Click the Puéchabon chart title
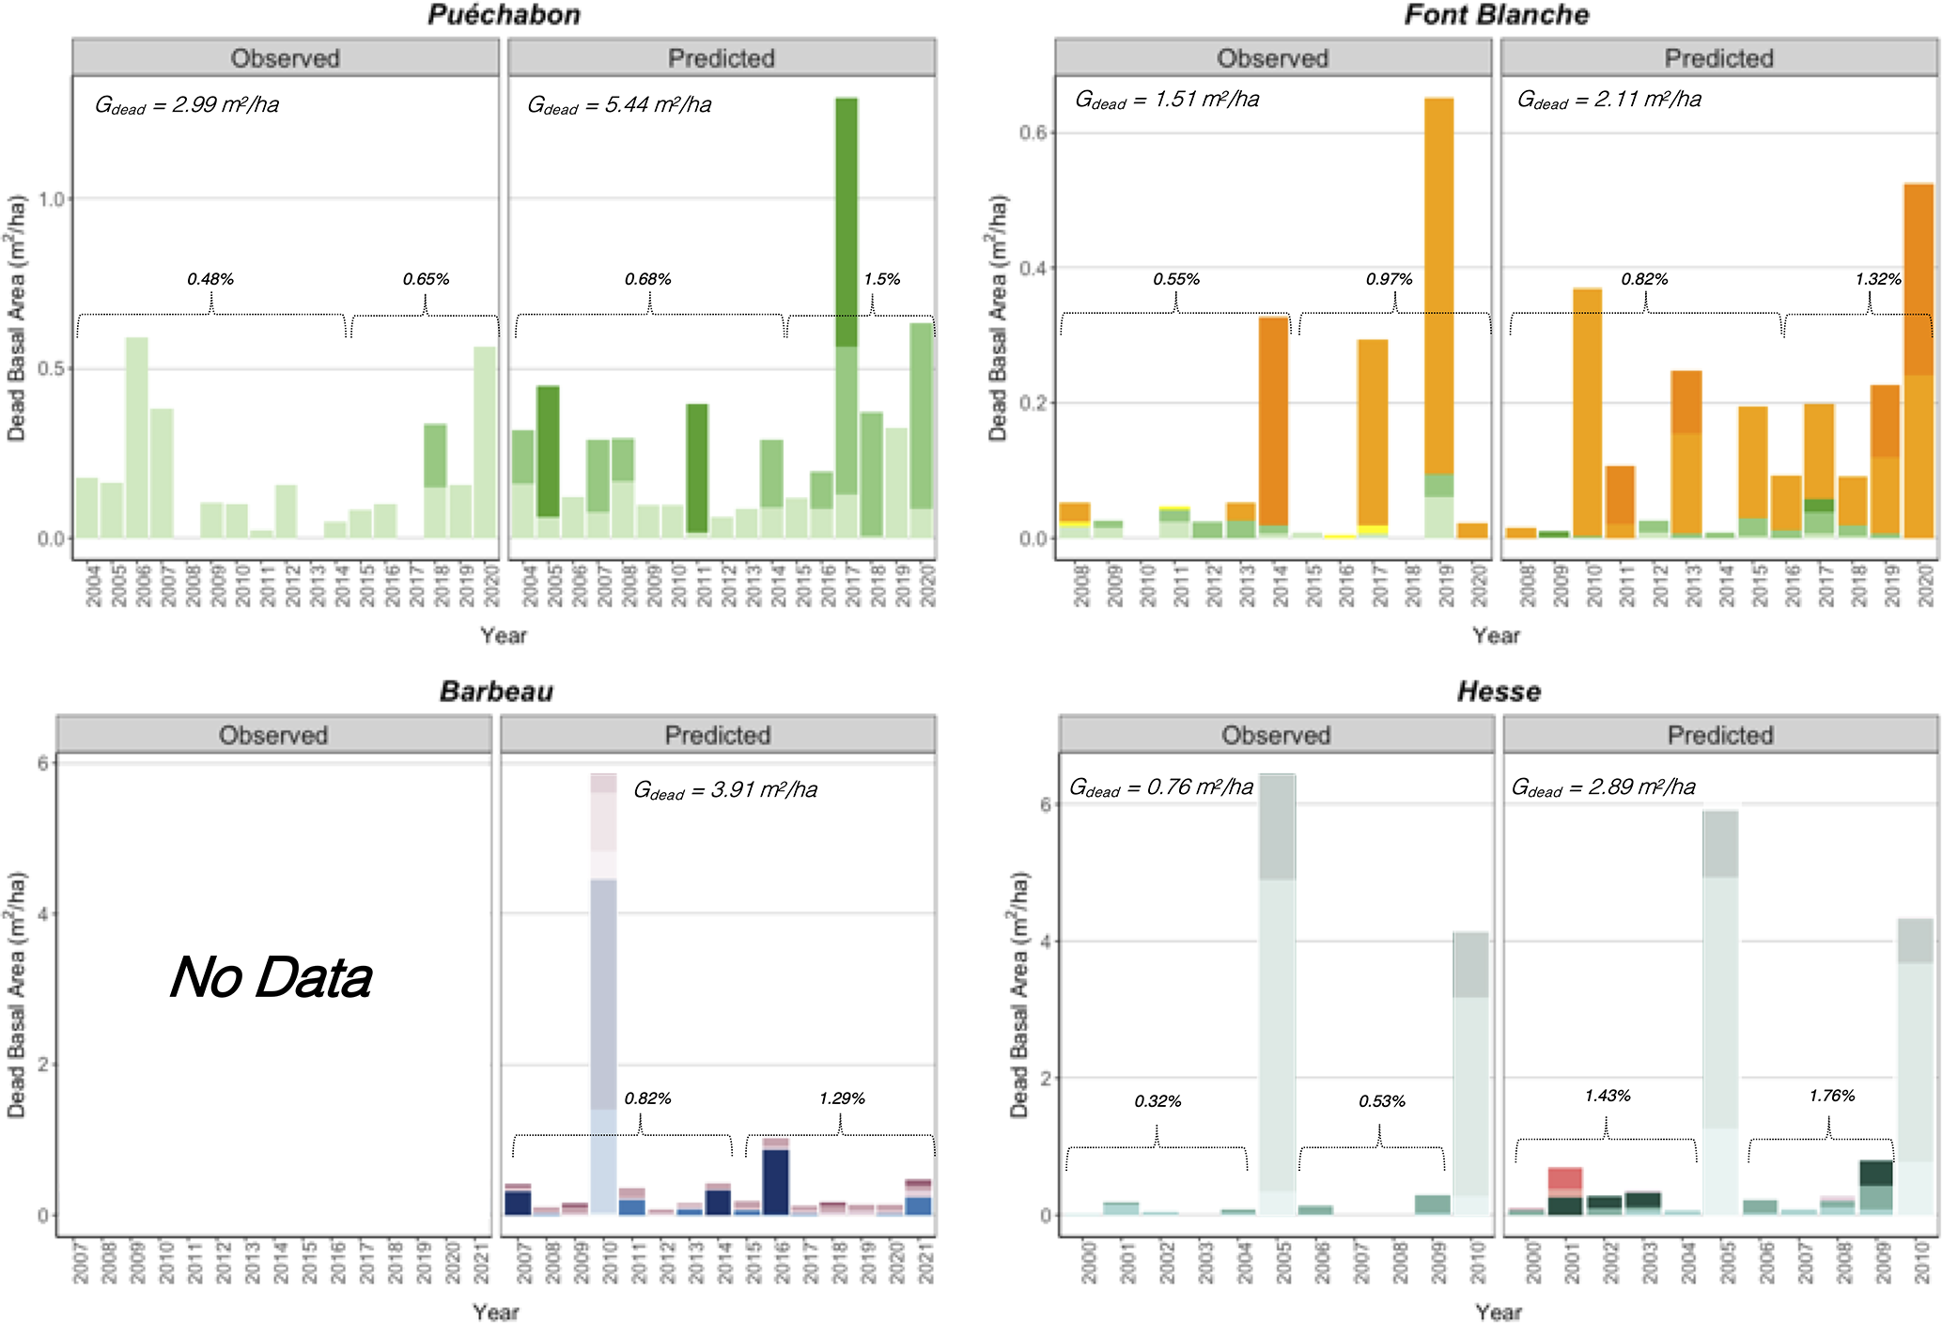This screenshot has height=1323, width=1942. [x=504, y=15]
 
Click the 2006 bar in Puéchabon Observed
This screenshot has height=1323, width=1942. [x=137, y=437]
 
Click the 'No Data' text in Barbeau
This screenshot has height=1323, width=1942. [x=272, y=977]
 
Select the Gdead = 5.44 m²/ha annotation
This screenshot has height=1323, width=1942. [x=619, y=105]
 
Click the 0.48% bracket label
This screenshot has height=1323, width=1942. [x=210, y=279]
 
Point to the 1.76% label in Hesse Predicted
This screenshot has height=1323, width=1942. [x=1831, y=1096]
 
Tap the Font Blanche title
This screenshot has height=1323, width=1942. [x=1496, y=15]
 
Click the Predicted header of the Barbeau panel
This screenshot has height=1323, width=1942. [x=718, y=735]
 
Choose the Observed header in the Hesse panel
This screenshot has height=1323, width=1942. [x=1276, y=735]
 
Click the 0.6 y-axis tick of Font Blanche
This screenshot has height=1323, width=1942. [x=1033, y=132]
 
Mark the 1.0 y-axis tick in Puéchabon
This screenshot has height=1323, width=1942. [x=52, y=199]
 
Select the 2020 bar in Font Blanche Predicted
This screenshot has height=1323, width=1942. [x=1919, y=361]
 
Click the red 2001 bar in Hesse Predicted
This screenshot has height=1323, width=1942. [x=1564, y=1180]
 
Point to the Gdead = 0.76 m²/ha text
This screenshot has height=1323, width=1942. [x=1161, y=787]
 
